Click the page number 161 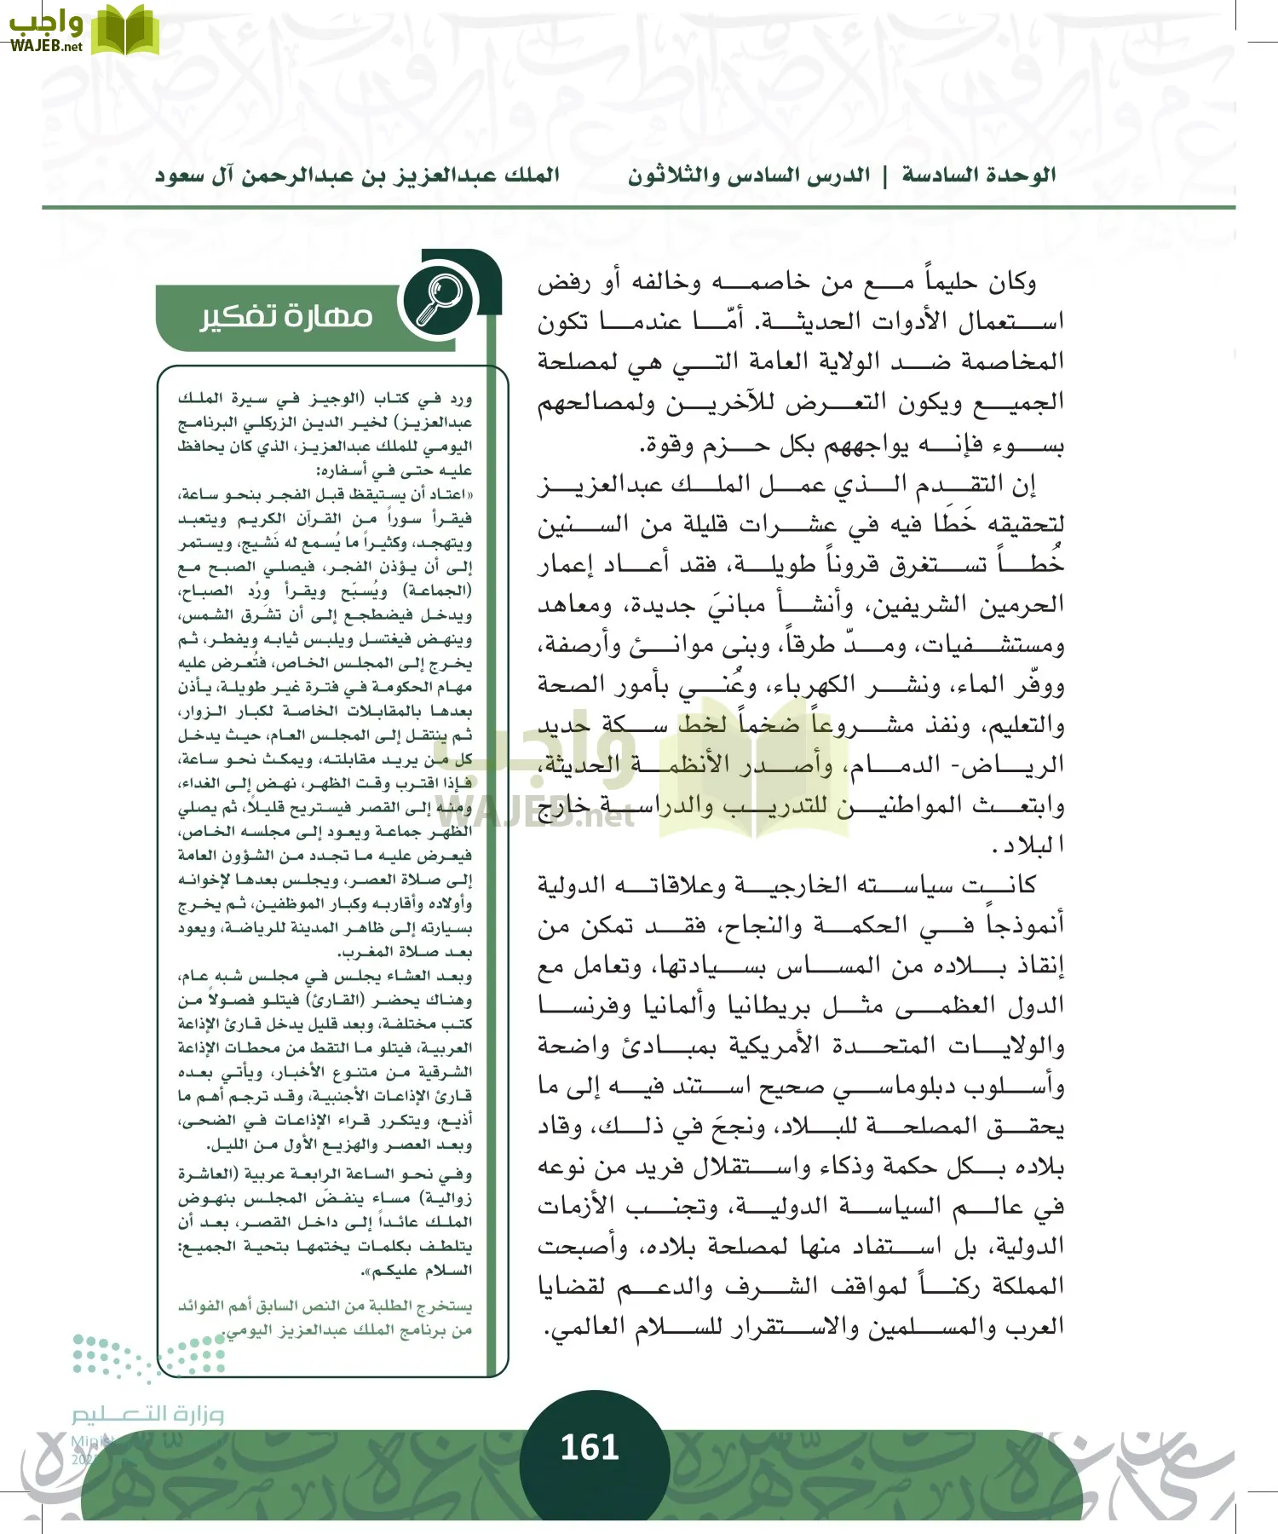(x=589, y=1447)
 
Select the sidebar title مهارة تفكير (x=286, y=316)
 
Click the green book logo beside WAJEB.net (x=124, y=31)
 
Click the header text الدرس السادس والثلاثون (x=749, y=176)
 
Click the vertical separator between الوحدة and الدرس (x=884, y=176)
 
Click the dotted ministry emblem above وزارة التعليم (x=150, y=1355)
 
